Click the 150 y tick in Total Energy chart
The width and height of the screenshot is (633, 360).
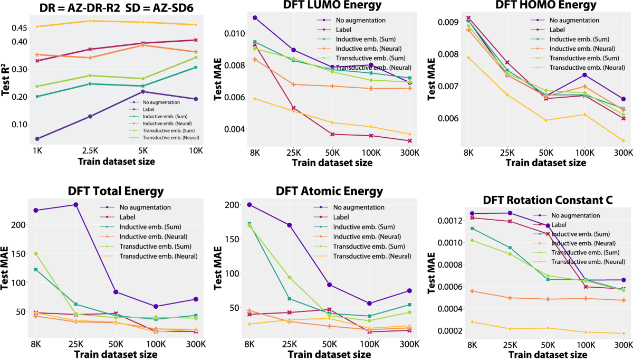(20, 254)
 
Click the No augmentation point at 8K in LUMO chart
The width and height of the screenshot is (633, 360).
(255, 17)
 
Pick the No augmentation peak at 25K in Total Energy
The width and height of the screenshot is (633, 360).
(75, 205)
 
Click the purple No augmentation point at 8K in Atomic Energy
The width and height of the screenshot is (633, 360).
(250, 205)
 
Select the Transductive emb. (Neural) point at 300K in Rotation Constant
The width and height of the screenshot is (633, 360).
(623, 333)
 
